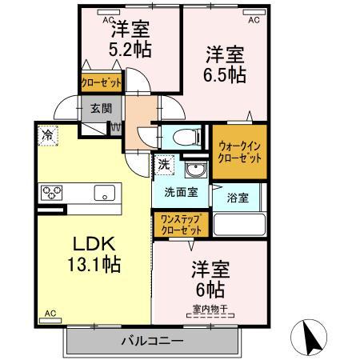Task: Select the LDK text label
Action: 86,244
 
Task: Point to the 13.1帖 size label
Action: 87,264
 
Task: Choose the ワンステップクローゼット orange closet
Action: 179,223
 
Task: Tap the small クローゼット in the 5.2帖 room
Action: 101,82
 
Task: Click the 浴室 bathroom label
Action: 238,195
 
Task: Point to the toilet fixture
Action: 181,136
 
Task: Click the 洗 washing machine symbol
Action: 163,164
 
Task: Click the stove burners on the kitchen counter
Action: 53,192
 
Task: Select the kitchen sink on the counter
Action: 104,192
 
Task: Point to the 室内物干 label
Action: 208,309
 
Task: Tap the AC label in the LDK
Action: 50,313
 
